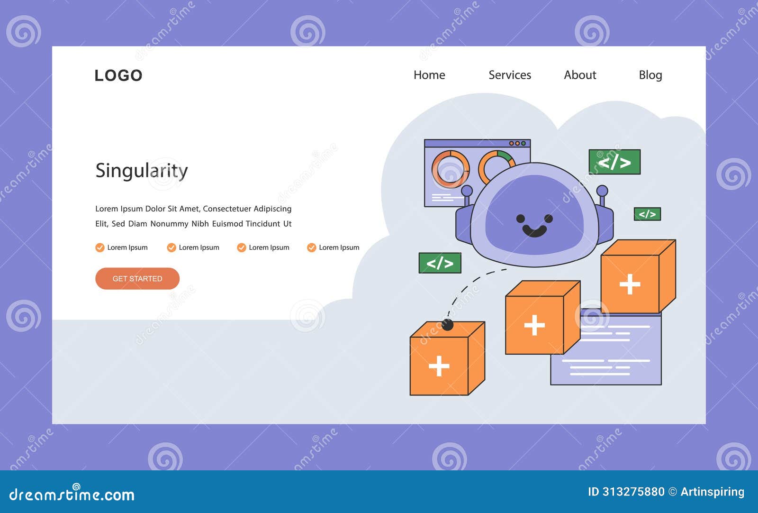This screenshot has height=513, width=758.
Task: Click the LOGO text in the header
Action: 118,75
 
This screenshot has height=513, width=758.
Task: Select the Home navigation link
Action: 429,75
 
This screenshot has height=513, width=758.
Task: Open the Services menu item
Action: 510,75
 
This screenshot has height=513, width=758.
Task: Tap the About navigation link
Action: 580,75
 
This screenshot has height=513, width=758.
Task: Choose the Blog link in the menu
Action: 650,75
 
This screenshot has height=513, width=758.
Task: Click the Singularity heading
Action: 142,171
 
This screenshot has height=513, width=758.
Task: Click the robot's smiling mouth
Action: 534,231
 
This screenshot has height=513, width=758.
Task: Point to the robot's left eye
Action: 521,219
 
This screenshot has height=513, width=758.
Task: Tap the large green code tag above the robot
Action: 614,162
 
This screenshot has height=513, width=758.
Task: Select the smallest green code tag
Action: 647,214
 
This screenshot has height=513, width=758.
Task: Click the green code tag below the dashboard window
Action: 440,263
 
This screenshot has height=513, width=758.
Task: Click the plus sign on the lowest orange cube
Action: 439,366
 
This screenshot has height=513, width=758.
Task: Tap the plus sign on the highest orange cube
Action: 630,284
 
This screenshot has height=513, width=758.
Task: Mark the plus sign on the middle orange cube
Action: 534,325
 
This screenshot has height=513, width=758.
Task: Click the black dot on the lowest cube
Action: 447,325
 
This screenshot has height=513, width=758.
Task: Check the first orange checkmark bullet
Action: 100,247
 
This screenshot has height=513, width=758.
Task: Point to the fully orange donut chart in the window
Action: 451,169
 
